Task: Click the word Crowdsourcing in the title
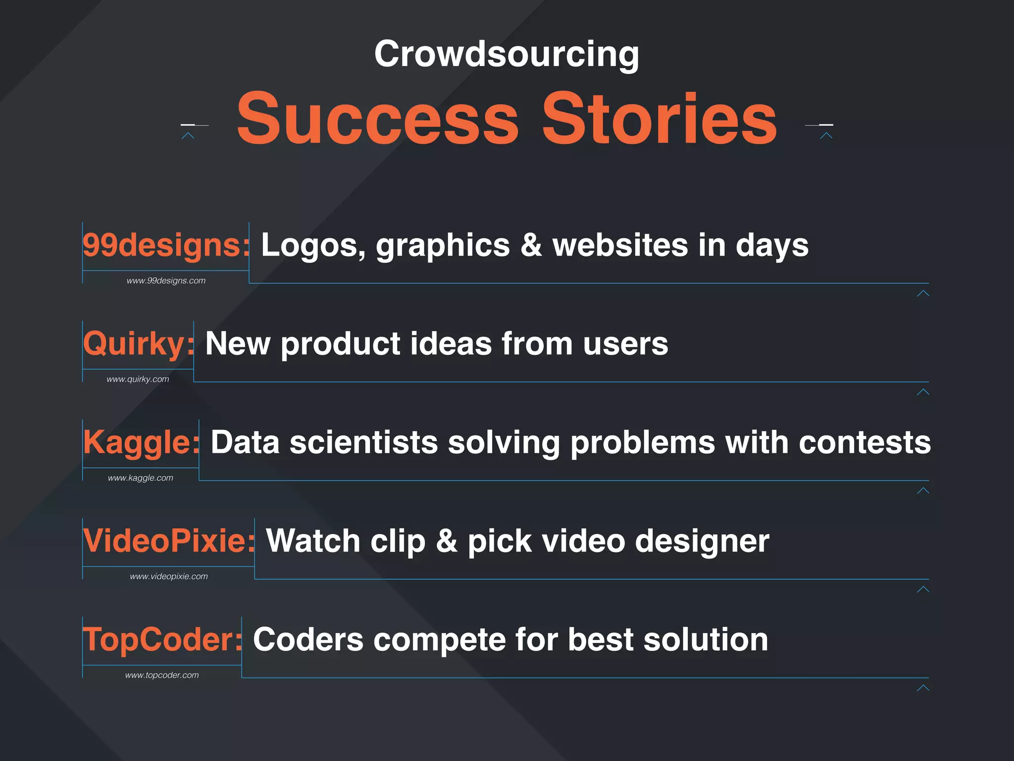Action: pos(507,54)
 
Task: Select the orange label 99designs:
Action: pos(166,245)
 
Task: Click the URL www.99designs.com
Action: pos(166,281)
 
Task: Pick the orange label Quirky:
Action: pos(139,344)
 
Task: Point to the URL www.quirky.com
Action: pos(138,380)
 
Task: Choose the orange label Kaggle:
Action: pos(141,442)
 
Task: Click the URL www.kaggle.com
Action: pos(141,478)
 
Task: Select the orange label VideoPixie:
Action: pos(169,541)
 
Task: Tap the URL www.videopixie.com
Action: pos(169,577)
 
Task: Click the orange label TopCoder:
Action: pos(162,640)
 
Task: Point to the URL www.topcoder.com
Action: pos(162,675)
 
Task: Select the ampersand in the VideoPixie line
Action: pos(447,541)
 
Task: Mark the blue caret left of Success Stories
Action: pos(188,135)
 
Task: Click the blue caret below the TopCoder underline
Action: pos(923,688)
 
